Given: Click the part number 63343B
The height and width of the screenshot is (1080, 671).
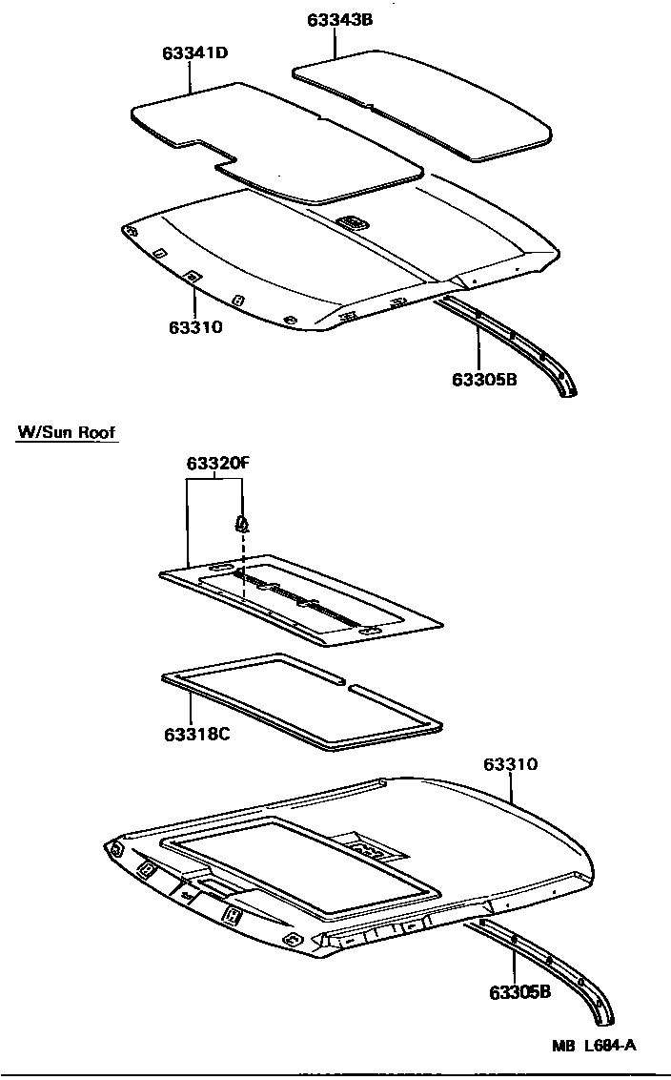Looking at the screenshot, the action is tap(340, 20).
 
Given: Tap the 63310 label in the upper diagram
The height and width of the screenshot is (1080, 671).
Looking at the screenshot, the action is tap(195, 328).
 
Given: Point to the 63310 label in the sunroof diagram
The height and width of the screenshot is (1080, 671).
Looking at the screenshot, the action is tap(510, 764).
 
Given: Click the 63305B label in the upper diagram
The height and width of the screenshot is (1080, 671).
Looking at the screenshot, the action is tap(484, 380).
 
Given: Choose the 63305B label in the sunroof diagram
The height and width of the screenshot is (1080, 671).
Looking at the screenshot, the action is tap(519, 992).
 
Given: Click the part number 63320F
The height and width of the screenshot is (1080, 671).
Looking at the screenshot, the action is tap(216, 465).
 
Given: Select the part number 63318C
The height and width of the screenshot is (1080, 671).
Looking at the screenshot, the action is tap(195, 735).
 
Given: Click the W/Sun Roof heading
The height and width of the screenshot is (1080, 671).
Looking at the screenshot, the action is tap(67, 433).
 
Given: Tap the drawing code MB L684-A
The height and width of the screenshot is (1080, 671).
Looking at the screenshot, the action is tap(593, 1045).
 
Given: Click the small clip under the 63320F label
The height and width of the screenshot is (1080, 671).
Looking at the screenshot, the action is tap(242, 523).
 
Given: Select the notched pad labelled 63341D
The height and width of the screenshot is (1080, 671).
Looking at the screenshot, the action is tap(276, 143).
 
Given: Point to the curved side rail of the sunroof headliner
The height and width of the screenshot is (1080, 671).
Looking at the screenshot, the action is tap(562, 964).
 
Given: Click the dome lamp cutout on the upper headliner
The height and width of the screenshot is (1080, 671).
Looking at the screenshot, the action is tap(352, 221).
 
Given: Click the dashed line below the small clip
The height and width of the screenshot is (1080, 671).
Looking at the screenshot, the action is tap(243, 568).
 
